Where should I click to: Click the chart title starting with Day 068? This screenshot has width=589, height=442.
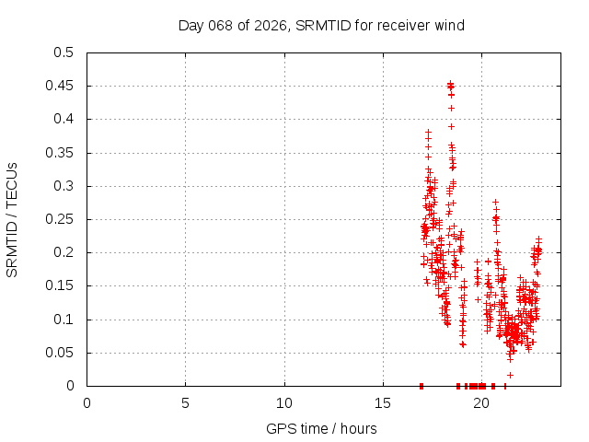coord(321,25)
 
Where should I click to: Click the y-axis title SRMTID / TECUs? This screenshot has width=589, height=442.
coord(12,219)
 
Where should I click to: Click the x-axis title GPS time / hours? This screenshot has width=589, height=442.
coord(321,428)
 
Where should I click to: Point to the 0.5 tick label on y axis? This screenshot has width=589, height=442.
coord(64,52)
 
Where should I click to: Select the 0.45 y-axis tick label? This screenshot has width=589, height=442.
coord(60,86)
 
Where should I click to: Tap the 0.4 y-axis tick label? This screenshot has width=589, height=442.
coord(64,119)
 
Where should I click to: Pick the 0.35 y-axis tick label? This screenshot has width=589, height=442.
coord(60,153)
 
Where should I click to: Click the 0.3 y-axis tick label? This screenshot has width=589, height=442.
coord(64,186)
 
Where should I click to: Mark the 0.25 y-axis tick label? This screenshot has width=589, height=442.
coord(60,219)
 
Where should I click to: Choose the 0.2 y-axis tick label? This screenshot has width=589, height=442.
coord(64,252)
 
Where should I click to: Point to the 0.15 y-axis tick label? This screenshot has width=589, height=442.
coord(60,286)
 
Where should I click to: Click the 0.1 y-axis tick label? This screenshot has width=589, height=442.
coord(64,320)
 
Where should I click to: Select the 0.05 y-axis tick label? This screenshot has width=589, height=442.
coord(60,353)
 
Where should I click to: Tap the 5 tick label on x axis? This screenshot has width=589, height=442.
coord(185,403)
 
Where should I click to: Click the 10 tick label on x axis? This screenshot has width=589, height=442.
coord(283,403)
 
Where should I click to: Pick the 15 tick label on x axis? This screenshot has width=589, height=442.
coord(382,403)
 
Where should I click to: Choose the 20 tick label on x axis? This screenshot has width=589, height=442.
coord(480,403)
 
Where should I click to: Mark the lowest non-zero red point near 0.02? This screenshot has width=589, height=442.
coord(510,375)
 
